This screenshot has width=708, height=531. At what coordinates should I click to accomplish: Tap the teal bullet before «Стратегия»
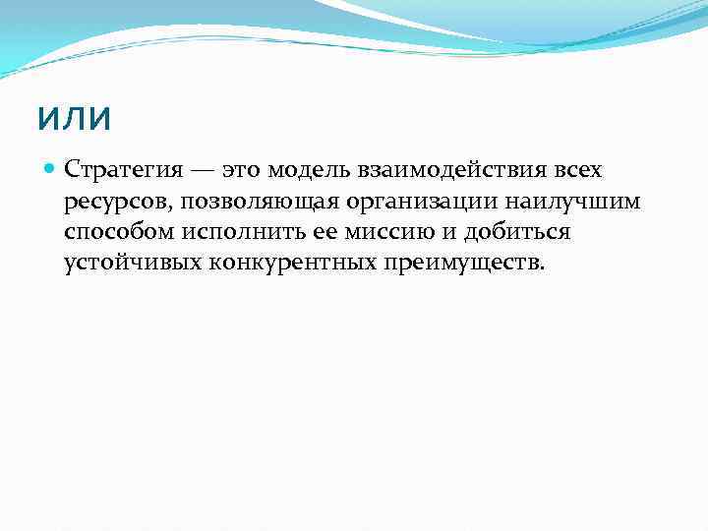click(x=51, y=168)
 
